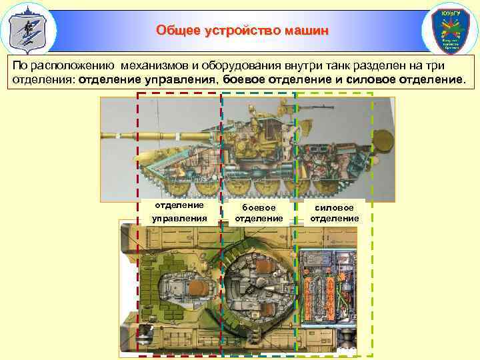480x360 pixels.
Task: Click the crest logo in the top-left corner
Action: [28, 29]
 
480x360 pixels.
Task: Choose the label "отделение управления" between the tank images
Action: [179, 211]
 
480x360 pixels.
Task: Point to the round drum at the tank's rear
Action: [382, 141]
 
